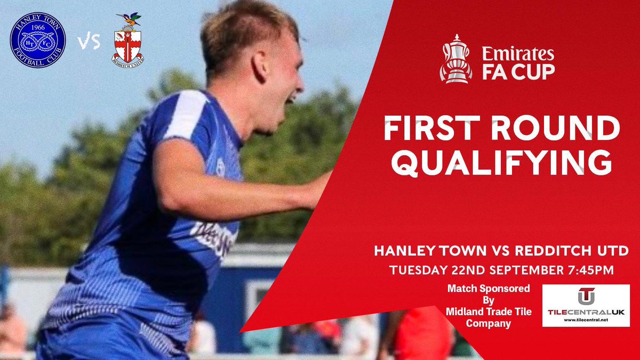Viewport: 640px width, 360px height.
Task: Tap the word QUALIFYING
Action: pos(503,163)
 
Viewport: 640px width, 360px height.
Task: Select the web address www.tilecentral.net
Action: pos(586,320)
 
